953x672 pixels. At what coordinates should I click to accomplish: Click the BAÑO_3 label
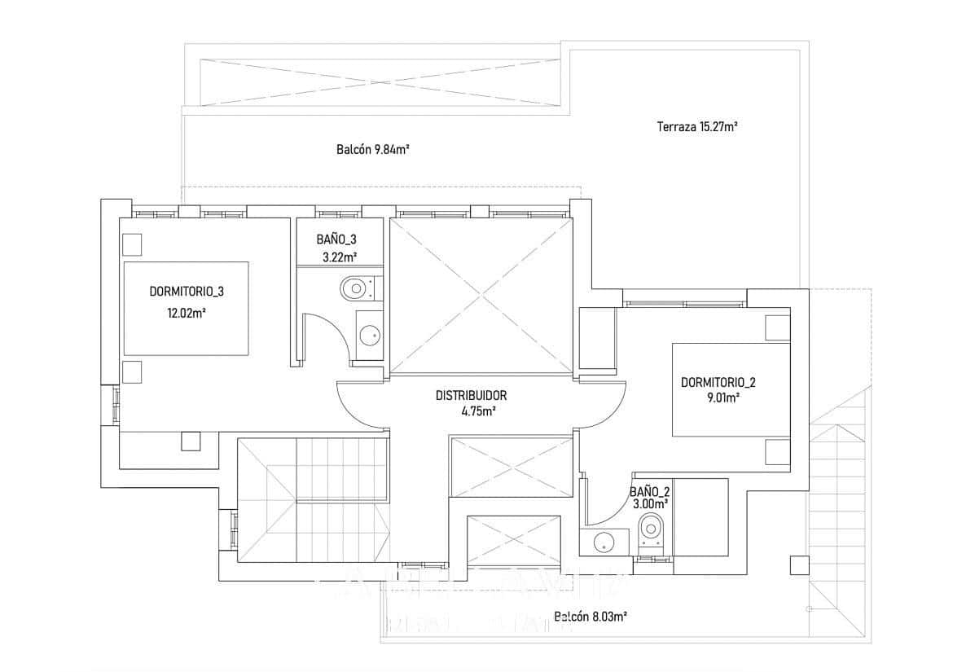(x=336, y=239)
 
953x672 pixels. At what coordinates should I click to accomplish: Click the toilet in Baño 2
(x=652, y=528)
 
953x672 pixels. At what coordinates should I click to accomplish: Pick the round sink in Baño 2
(x=604, y=540)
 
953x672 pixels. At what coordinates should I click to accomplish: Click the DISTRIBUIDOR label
(x=471, y=395)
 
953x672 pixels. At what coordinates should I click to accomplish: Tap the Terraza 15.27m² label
(x=696, y=126)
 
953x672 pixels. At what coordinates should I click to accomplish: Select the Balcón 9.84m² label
(x=372, y=149)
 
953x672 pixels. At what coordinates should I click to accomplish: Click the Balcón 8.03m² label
(x=590, y=617)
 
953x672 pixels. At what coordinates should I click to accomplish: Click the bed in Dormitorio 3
(x=186, y=308)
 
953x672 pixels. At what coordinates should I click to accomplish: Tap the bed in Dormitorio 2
(x=730, y=391)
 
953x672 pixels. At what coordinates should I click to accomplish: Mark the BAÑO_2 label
(x=649, y=491)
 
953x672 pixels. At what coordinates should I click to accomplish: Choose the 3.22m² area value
(x=337, y=257)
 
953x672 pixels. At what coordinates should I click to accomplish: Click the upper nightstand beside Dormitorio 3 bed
(x=132, y=244)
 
